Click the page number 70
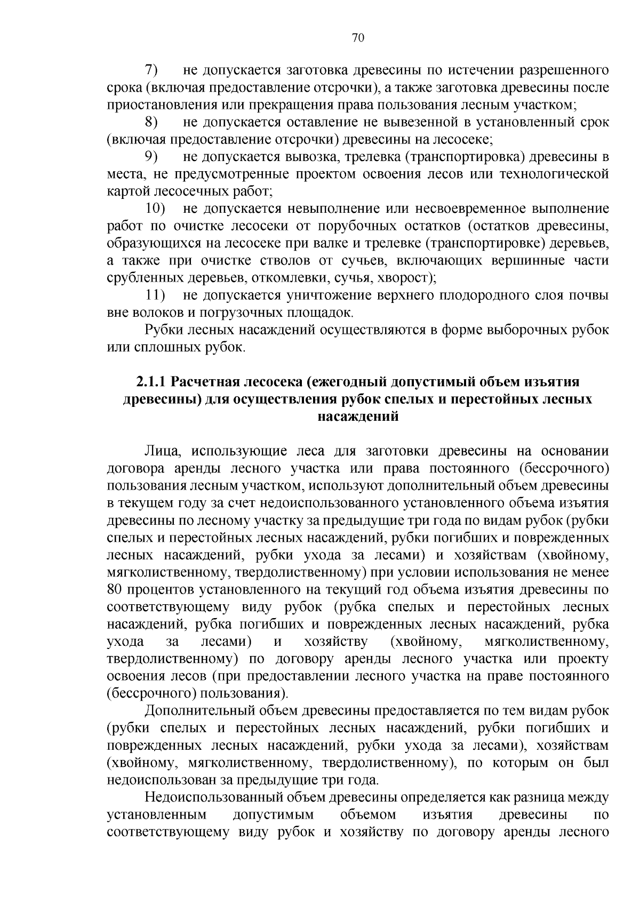[x=358, y=37]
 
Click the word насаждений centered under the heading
[x=358, y=417]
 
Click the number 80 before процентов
[x=115, y=590]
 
